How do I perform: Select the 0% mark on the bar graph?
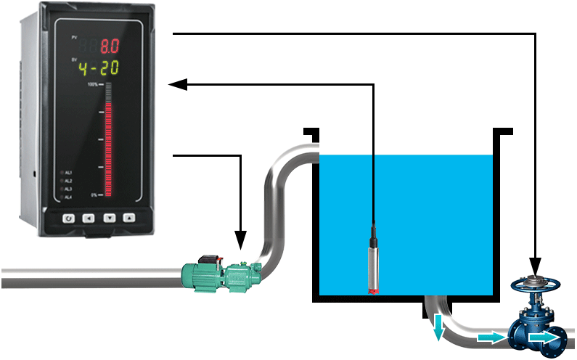point(94,195)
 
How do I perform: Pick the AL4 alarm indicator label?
point(67,197)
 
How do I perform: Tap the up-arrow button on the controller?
point(129,216)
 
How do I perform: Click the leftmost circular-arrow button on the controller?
point(68,216)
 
